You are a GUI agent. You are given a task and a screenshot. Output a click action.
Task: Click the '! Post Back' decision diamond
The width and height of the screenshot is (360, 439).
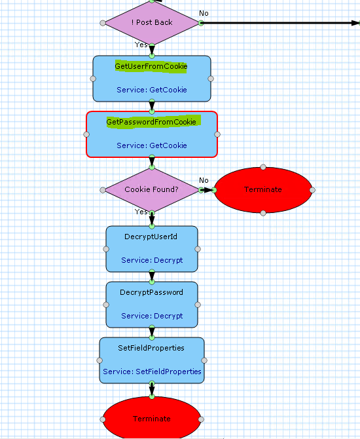point(152,23)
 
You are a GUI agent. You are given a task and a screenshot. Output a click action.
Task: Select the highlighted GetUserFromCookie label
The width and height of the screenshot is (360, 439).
point(151,67)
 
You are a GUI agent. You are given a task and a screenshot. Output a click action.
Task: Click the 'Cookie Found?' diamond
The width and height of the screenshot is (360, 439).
point(152,190)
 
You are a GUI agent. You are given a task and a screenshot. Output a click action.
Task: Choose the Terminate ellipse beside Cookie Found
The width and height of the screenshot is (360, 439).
point(263,190)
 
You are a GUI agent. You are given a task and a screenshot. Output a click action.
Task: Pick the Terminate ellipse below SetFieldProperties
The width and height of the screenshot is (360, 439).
point(152,418)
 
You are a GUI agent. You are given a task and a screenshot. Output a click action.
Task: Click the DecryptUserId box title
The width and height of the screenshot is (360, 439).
point(151,237)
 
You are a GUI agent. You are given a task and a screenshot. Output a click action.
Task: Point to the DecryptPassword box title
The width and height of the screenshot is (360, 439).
point(151,292)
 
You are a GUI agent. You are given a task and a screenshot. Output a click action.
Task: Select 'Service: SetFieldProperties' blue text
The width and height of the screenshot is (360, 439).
point(152,372)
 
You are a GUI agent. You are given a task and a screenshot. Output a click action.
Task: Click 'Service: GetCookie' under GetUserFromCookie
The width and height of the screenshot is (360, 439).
point(152,90)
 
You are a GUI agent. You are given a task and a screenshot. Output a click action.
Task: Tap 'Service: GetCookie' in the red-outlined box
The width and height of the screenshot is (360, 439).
point(152,145)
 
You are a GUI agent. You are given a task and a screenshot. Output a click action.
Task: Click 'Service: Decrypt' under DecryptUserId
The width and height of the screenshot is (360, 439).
point(152,260)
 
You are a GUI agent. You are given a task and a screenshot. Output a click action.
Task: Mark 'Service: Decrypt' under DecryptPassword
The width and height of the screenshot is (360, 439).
point(152,316)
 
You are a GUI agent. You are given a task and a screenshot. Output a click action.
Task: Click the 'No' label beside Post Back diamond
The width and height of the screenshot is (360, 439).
point(204,13)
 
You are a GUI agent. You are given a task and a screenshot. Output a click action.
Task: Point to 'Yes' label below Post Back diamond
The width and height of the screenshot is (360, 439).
point(141,45)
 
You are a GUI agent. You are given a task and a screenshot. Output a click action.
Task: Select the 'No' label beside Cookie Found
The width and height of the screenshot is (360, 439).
point(204,180)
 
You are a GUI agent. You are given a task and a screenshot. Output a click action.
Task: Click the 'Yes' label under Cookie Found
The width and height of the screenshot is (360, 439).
point(141,212)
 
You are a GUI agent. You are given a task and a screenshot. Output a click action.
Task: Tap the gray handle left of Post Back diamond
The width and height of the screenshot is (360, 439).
point(103,23)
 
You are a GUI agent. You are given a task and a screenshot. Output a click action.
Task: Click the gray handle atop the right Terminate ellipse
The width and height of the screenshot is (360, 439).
point(263,167)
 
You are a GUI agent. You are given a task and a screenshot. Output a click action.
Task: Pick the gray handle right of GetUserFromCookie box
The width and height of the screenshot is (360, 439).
point(211,79)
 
